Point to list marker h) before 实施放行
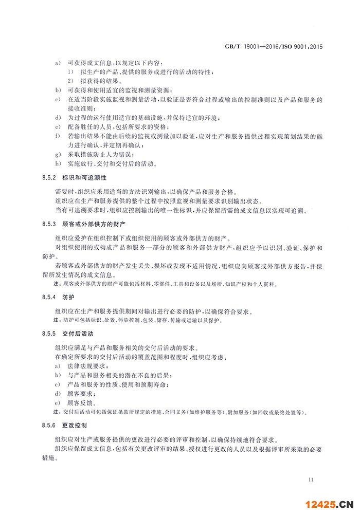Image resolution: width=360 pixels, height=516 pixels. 57,164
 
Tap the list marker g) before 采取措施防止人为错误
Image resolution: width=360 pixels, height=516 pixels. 57,154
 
